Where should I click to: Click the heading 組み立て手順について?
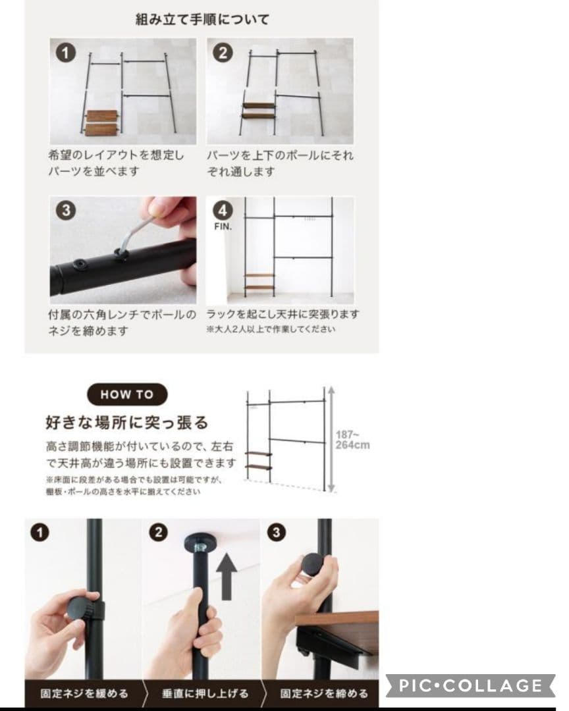[x=202, y=19]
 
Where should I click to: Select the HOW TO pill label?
[x=126, y=395]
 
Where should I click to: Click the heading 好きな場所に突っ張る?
[x=126, y=422]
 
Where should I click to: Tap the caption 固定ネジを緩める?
[x=84, y=693]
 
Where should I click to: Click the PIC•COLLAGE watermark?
[x=470, y=686]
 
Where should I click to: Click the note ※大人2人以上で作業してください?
[x=270, y=329]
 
